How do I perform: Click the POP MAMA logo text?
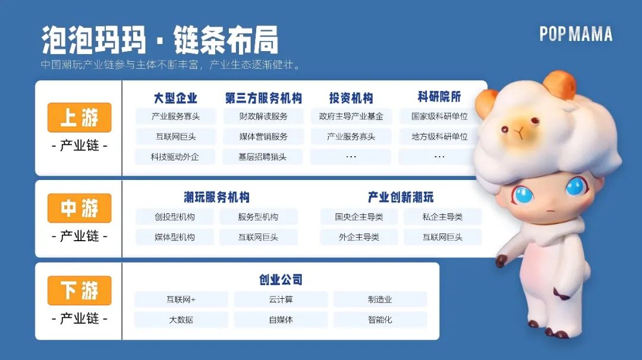click(575, 34)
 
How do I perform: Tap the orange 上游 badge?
click(80, 118)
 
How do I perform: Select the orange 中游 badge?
click(80, 208)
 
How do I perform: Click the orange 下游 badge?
click(80, 290)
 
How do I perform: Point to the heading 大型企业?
click(175, 98)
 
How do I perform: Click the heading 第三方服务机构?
click(263, 98)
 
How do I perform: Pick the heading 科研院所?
click(439, 97)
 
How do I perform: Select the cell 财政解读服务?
click(263, 116)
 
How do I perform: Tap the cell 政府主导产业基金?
click(351, 116)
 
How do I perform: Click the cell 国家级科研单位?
click(439, 116)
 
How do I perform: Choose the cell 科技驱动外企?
click(175, 157)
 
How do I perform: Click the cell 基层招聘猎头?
click(263, 157)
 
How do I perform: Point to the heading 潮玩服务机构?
click(216, 197)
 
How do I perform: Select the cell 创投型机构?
click(174, 217)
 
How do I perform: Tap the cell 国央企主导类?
click(358, 217)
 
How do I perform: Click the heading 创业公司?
click(281, 280)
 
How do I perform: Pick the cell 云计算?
click(281, 299)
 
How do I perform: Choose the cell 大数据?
click(181, 320)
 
